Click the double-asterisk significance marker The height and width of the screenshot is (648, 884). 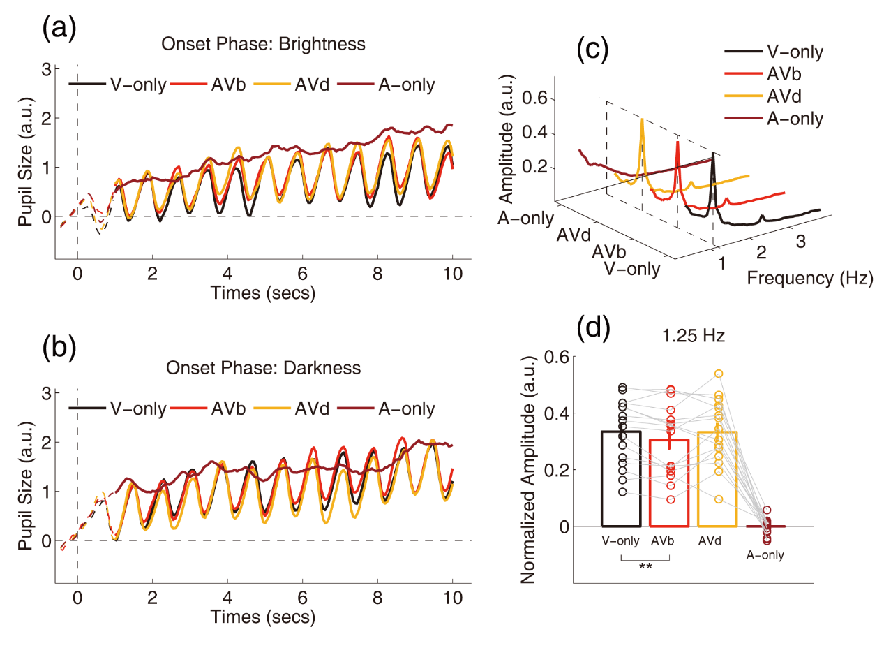tap(645, 566)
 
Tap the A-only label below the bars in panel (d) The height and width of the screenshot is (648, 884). tap(765, 555)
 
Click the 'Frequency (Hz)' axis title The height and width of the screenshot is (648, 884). tap(810, 279)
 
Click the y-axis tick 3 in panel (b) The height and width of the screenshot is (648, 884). tap(47, 393)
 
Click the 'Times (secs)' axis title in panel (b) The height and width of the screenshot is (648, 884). tap(263, 617)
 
